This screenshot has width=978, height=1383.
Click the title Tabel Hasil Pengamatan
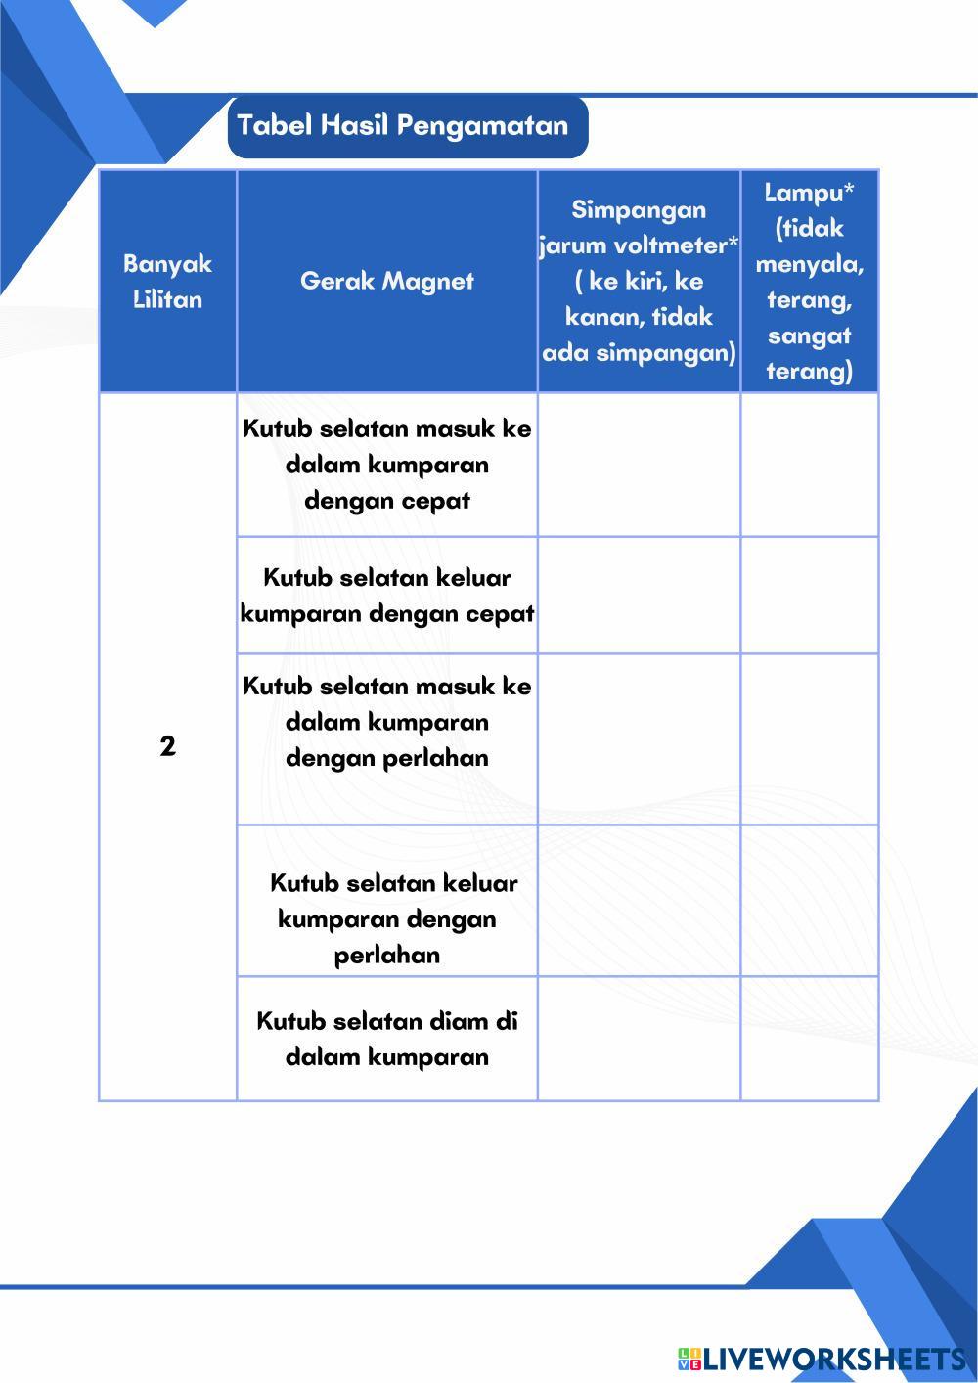(403, 126)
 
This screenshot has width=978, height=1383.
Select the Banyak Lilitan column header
(167, 282)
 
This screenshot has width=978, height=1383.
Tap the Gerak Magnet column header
(386, 282)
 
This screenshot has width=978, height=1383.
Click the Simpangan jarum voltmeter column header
(639, 282)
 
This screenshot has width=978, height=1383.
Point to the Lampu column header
(809, 282)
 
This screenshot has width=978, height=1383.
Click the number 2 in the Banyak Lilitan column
(167, 746)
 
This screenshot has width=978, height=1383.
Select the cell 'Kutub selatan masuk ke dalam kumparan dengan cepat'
(386, 465)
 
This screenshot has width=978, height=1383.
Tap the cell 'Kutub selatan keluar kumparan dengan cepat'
(386, 596)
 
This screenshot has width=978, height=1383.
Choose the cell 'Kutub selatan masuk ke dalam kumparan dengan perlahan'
(386, 722)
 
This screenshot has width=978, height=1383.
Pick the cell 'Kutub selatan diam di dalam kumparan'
(386, 1039)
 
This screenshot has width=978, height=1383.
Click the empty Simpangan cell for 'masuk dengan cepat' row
(639, 465)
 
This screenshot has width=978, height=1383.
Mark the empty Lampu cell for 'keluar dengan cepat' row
(809, 596)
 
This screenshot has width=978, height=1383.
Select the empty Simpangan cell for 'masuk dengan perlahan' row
(639, 738)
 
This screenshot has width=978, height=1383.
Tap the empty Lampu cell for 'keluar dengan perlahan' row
(809, 901)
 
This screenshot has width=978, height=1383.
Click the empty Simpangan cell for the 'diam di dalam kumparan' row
(639, 1039)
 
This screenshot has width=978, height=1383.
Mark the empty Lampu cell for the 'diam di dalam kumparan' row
(809, 1039)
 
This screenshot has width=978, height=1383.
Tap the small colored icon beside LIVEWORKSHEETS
(689, 1359)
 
